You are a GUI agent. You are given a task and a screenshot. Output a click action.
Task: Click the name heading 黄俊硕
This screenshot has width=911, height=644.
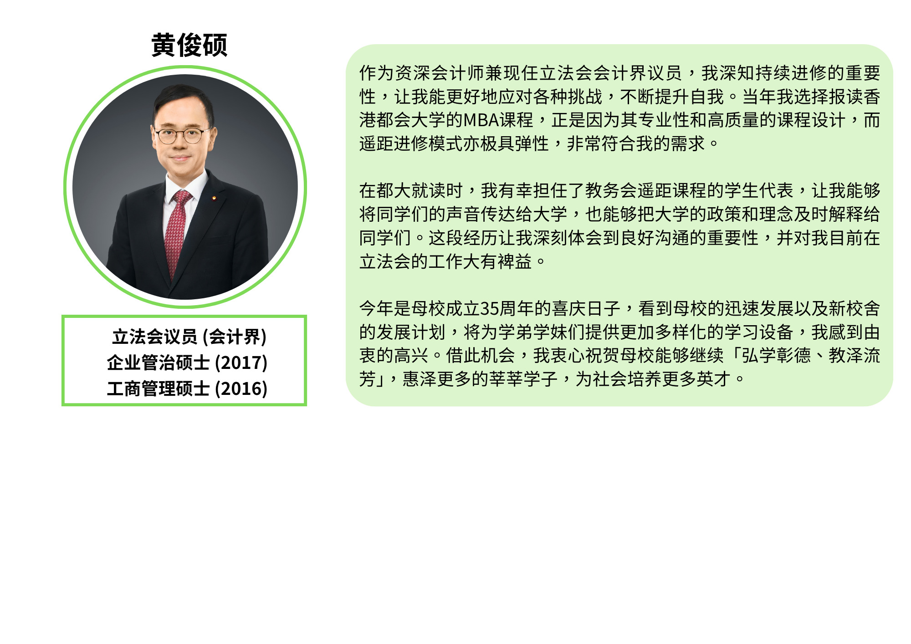[x=189, y=45]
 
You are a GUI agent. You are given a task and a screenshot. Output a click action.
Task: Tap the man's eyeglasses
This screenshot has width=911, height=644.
[x=180, y=135]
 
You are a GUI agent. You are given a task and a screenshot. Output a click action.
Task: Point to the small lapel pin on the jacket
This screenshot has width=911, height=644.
[x=214, y=198]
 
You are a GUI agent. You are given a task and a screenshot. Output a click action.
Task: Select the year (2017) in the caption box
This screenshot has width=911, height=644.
[x=241, y=363]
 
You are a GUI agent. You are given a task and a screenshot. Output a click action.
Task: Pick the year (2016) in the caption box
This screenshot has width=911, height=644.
[x=241, y=389]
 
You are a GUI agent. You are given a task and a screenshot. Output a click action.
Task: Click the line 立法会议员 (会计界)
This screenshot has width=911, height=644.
[x=189, y=337]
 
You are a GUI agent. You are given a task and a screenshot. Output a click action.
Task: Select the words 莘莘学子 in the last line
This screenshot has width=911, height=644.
[x=523, y=379]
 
